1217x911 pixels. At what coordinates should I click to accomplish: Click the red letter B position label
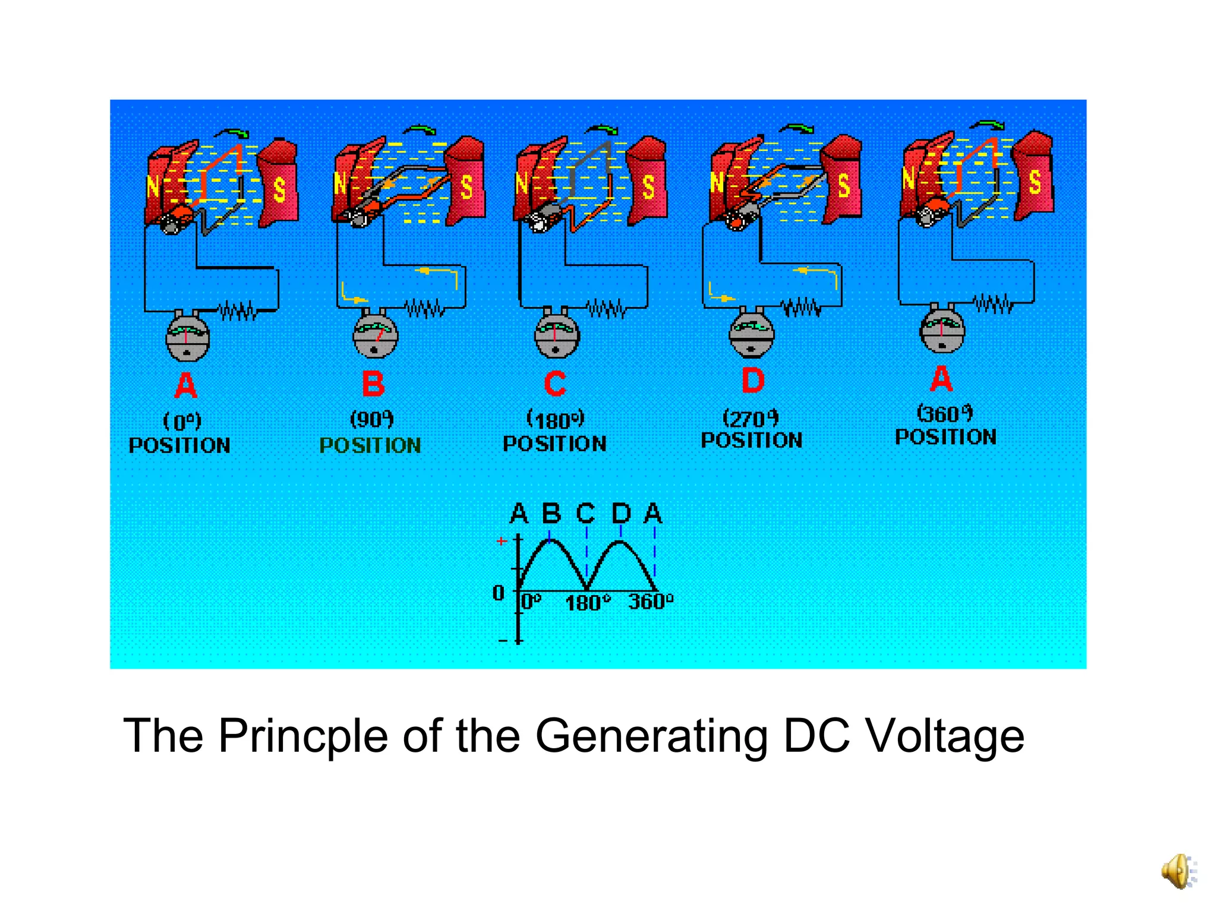(x=373, y=384)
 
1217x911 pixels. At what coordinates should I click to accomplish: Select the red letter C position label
(x=555, y=384)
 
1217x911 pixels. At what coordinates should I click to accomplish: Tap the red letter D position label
(x=753, y=381)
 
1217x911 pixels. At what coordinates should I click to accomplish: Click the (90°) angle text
(x=372, y=419)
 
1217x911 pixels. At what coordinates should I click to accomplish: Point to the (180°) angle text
(x=556, y=420)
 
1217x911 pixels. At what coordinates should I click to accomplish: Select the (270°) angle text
(x=751, y=418)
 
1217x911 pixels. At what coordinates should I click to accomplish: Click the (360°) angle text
(x=945, y=413)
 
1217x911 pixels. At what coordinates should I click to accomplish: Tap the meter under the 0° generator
(x=187, y=337)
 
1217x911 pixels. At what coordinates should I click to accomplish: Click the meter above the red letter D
(x=752, y=334)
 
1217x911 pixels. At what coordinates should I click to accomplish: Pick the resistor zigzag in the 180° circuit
(x=606, y=309)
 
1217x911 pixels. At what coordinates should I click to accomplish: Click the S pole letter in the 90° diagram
(x=467, y=187)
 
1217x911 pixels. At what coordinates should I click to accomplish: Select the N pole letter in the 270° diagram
(x=717, y=182)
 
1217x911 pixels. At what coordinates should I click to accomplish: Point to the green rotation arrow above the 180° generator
(x=602, y=129)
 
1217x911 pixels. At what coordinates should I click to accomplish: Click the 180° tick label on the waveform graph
(x=587, y=603)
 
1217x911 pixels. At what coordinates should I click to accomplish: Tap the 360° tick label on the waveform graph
(x=651, y=602)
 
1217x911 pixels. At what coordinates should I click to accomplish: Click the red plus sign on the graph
(x=502, y=541)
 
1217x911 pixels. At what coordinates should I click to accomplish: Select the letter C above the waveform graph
(x=585, y=513)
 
